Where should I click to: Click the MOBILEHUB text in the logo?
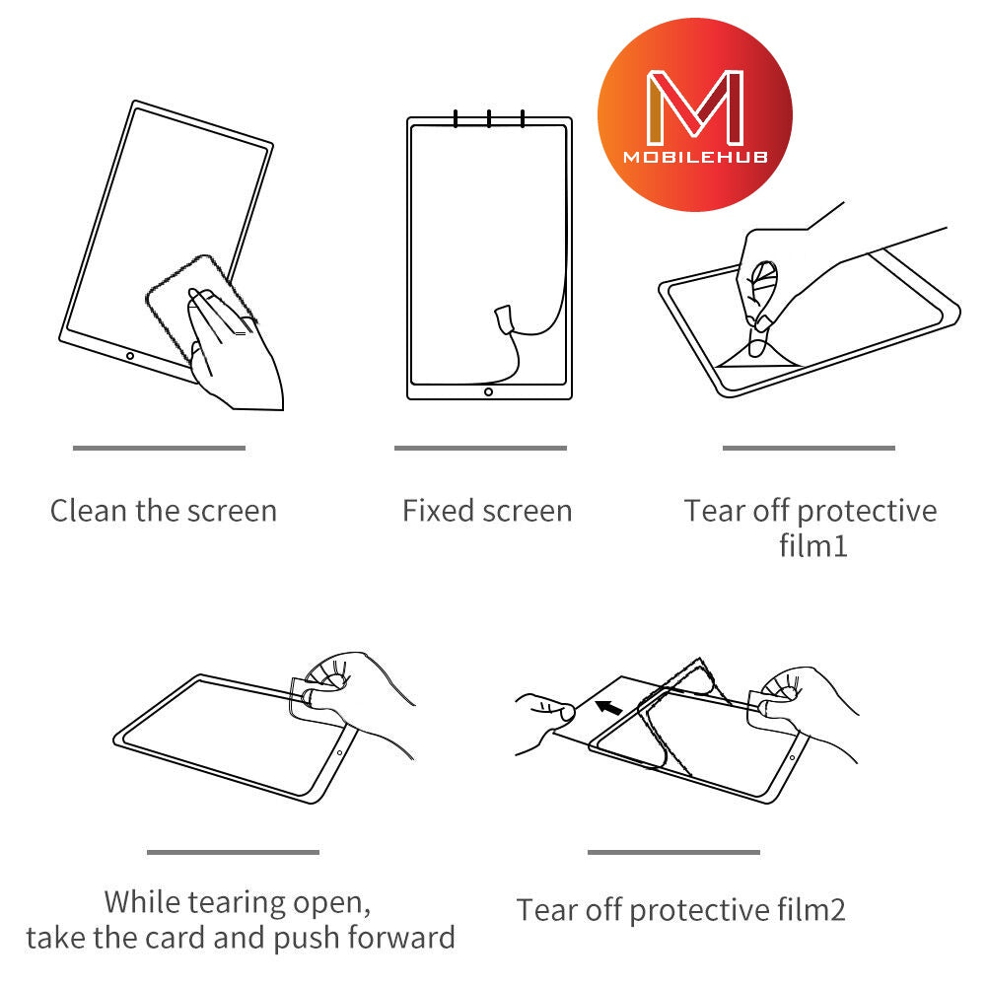coord(694,157)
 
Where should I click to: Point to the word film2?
coord(810,909)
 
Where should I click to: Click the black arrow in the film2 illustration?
coord(608,707)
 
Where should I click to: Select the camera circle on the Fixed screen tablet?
coord(488,391)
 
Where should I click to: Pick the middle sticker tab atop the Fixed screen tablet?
coord(489,118)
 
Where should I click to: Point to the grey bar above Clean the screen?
coord(159,448)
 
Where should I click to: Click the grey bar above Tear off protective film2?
coord(673,852)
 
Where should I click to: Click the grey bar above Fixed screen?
coord(480,448)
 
